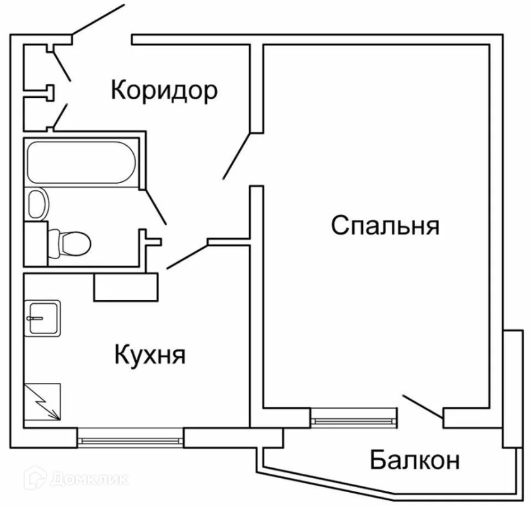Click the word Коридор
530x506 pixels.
[x=164, y=90]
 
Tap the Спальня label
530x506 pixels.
[x=385, y=225]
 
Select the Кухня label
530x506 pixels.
[x=150, y=355]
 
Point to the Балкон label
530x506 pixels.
[x=414, y=461]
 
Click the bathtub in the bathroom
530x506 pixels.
[x=80, y=163]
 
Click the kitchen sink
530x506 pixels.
[x=42, y=318]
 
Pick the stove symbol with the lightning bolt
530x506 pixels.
[x=42, y=403]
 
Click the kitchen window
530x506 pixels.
[x=131, y=438]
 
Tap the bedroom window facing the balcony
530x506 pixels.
[x=354, y=417]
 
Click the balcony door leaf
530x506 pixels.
[x=421, y=406]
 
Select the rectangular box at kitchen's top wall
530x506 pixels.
[x=126, y=287]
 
